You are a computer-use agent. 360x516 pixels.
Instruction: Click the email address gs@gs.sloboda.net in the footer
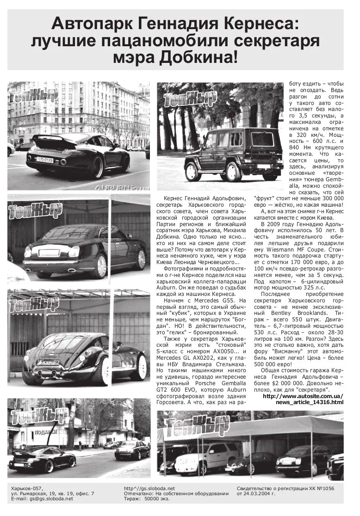tap(50, 499)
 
